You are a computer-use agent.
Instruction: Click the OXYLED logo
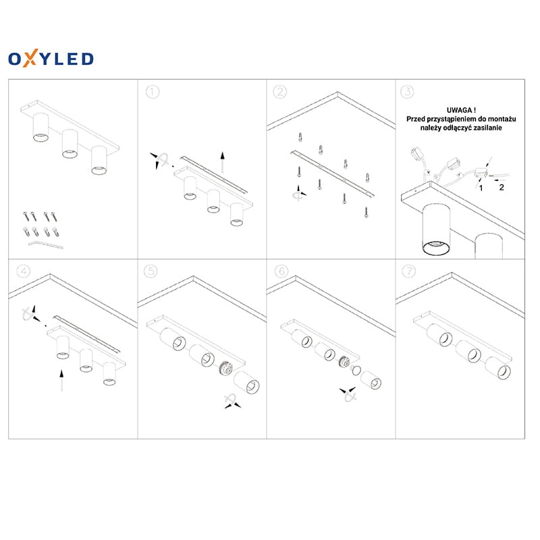[51, 58]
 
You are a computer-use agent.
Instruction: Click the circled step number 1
[153, 92]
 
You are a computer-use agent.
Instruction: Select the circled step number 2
[280, 92]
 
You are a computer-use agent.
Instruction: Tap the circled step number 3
[408, 92]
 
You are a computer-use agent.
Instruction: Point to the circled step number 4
[24, 271]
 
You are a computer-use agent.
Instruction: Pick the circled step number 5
[151, 271]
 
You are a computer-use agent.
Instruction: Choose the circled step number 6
[281, 271]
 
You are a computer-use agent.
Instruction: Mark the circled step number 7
[409, 271]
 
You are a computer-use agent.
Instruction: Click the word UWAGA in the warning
[459, 110]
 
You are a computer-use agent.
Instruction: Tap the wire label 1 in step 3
[481, 188]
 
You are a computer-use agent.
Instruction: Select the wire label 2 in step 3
[502, 188]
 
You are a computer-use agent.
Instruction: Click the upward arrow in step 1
[223, 162]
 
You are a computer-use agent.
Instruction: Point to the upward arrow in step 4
[61, 381]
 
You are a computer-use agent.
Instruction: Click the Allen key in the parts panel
[45, 245]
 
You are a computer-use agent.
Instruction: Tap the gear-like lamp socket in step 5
[225, 369]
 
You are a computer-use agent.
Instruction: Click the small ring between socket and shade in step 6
[356, 371]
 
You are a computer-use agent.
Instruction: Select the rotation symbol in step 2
[298, 193]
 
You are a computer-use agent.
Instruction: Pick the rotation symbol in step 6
[348, 394]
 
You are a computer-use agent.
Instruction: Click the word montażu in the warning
[501, 119]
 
